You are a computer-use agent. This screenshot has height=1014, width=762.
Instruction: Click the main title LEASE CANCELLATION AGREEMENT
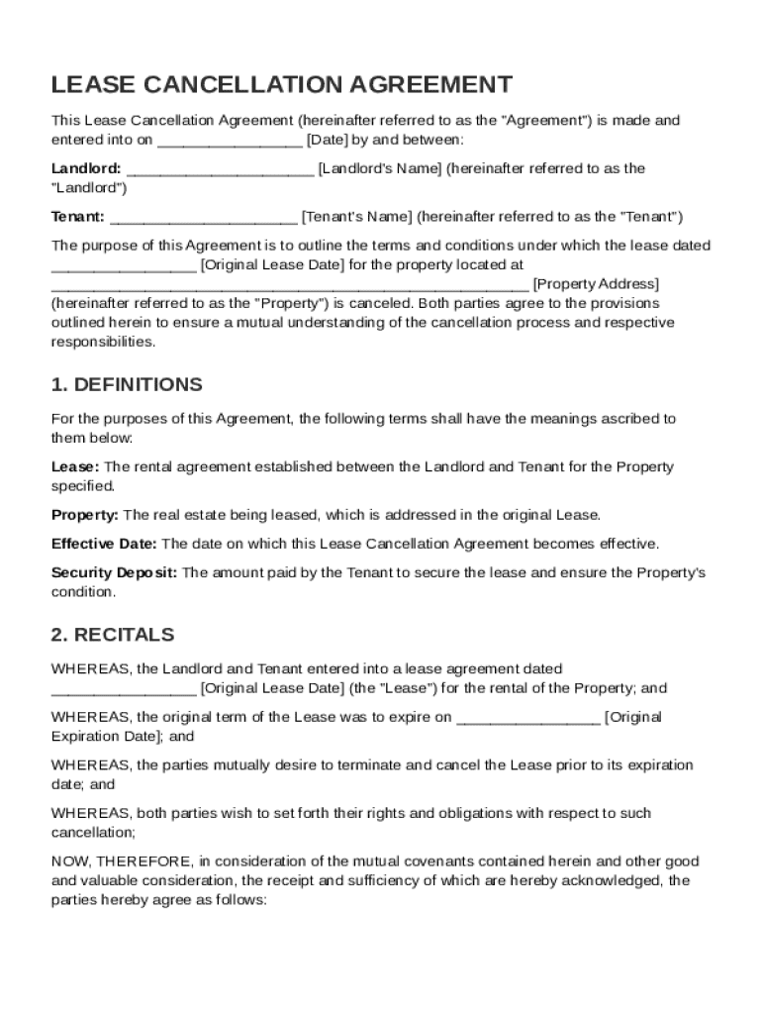282,84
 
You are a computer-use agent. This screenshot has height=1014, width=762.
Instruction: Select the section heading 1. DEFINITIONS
127,384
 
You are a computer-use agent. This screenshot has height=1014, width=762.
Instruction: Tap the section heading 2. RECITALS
113,634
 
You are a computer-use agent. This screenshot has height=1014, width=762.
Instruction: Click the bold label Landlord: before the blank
87,168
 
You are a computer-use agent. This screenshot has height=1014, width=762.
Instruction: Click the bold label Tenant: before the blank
78,217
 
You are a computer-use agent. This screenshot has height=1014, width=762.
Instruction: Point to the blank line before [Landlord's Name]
221,170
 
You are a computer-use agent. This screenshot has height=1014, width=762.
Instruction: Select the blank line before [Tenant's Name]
204,219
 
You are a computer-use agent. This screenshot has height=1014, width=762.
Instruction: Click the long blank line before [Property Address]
290,286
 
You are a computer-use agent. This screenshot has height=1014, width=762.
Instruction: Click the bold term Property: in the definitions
85,515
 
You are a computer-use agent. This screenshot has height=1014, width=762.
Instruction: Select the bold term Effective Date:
104,544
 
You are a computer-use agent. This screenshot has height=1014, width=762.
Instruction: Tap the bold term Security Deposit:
115,572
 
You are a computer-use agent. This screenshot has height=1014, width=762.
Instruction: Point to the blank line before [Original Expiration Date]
527,719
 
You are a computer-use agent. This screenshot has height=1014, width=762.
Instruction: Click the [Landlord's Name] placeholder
379,168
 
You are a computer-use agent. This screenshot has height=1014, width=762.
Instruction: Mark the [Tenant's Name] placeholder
357,217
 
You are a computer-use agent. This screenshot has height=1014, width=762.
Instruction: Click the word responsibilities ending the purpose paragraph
103,342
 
